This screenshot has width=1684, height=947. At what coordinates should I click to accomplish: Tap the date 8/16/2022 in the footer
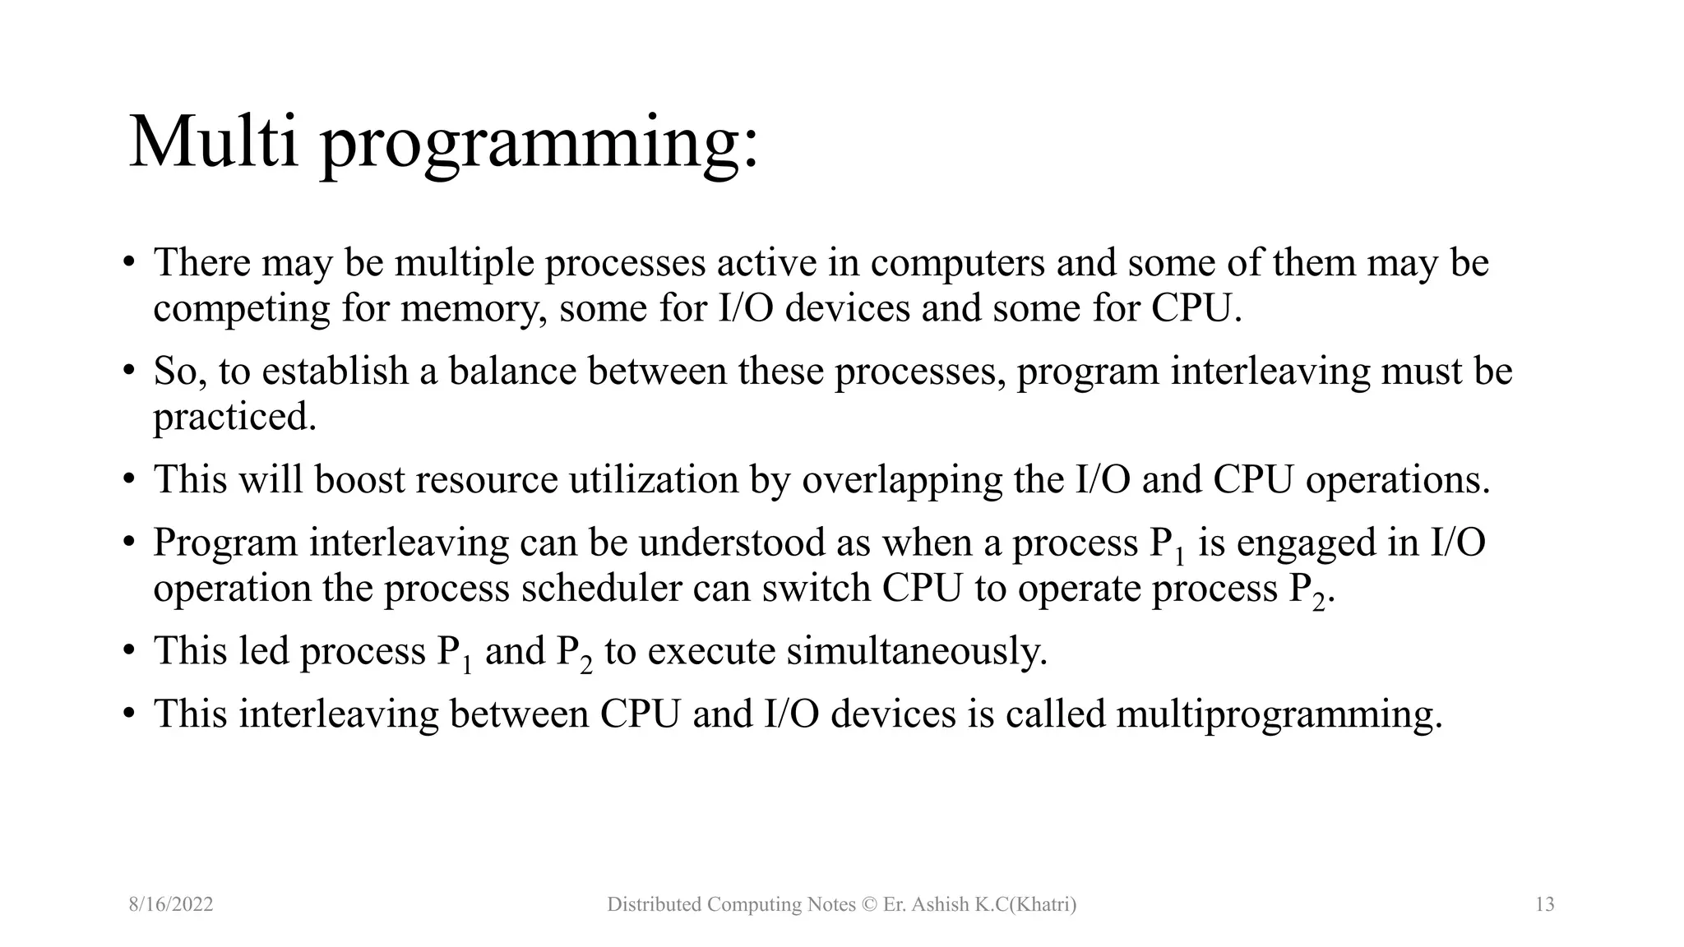coord(171,905)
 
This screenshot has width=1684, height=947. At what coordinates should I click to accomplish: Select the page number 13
coord(1544,905)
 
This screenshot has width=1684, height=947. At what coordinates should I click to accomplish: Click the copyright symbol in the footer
coord(870,905)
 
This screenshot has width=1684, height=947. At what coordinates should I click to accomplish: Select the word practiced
coord(234,418)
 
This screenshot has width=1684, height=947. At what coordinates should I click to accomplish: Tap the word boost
coord(359,479)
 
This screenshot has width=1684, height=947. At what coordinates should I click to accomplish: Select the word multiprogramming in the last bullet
coord(1278,714)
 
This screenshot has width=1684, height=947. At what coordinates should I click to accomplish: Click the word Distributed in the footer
coord(653,905)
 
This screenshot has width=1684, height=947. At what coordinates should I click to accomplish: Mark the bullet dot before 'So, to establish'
coord(128,371)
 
